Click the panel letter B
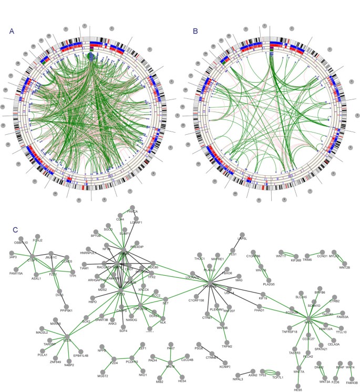196,31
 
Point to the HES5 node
298,386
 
